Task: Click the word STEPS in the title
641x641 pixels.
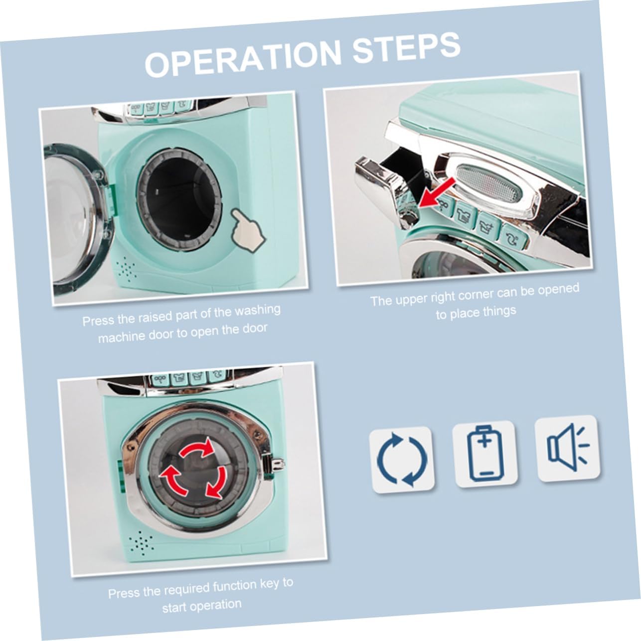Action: coord(406,48)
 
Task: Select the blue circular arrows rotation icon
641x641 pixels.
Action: coord(402,459)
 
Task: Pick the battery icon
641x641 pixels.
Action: coord(485,453)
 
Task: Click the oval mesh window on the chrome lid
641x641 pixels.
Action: coord(489,182)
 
